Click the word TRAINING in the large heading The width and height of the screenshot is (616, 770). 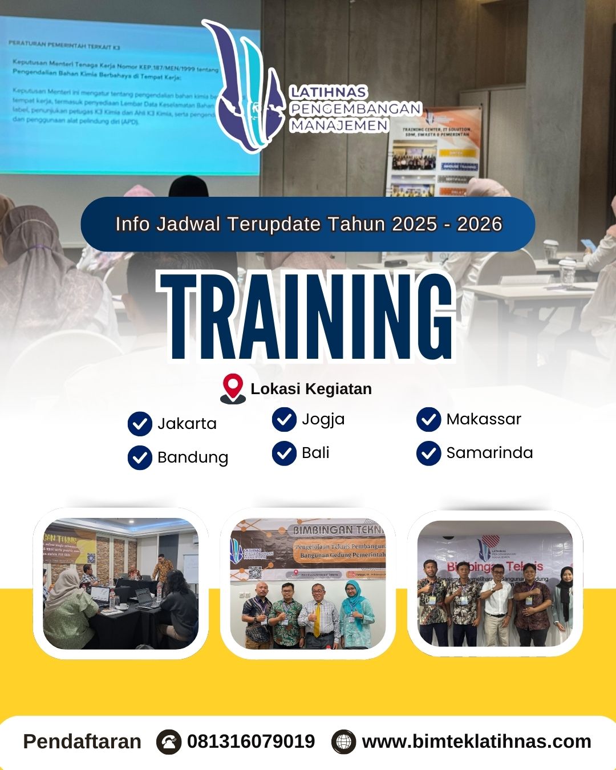pyautogui.click(x=308, y=317)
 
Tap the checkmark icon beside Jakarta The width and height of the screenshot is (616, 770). pyautogui.click(x=140, y=424)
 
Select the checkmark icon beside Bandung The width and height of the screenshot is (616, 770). pyautogui.click(x=140, y=457)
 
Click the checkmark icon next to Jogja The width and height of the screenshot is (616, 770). pyautogui.click(x=284, y=420)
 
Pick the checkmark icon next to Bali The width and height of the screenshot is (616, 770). pyautogui.click(x=284, y=453)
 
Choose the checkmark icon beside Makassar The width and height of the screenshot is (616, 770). pyautogui.click(x=428, y=420)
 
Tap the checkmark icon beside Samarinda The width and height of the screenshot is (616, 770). pyautogui.click(x=428, y=453)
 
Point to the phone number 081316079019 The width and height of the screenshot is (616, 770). pyautogui.click(x=251, y=741)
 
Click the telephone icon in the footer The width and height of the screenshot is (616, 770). pyautogui.click(x=169, y=742)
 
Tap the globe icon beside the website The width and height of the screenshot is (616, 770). pyautogui.click(x=343, y=742)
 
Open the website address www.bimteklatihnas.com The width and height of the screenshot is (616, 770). pyautogui.click(x=476, y=741)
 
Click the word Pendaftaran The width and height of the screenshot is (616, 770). pyautogui.click(x=82, y=741)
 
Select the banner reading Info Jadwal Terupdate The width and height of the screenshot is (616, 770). pyautogui.click(x=308, y=224)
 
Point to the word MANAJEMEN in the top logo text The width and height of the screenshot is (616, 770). pyautogui.click(x=339, y=125)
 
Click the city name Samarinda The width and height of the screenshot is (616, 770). pyautogui.click(x=489, y=453)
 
